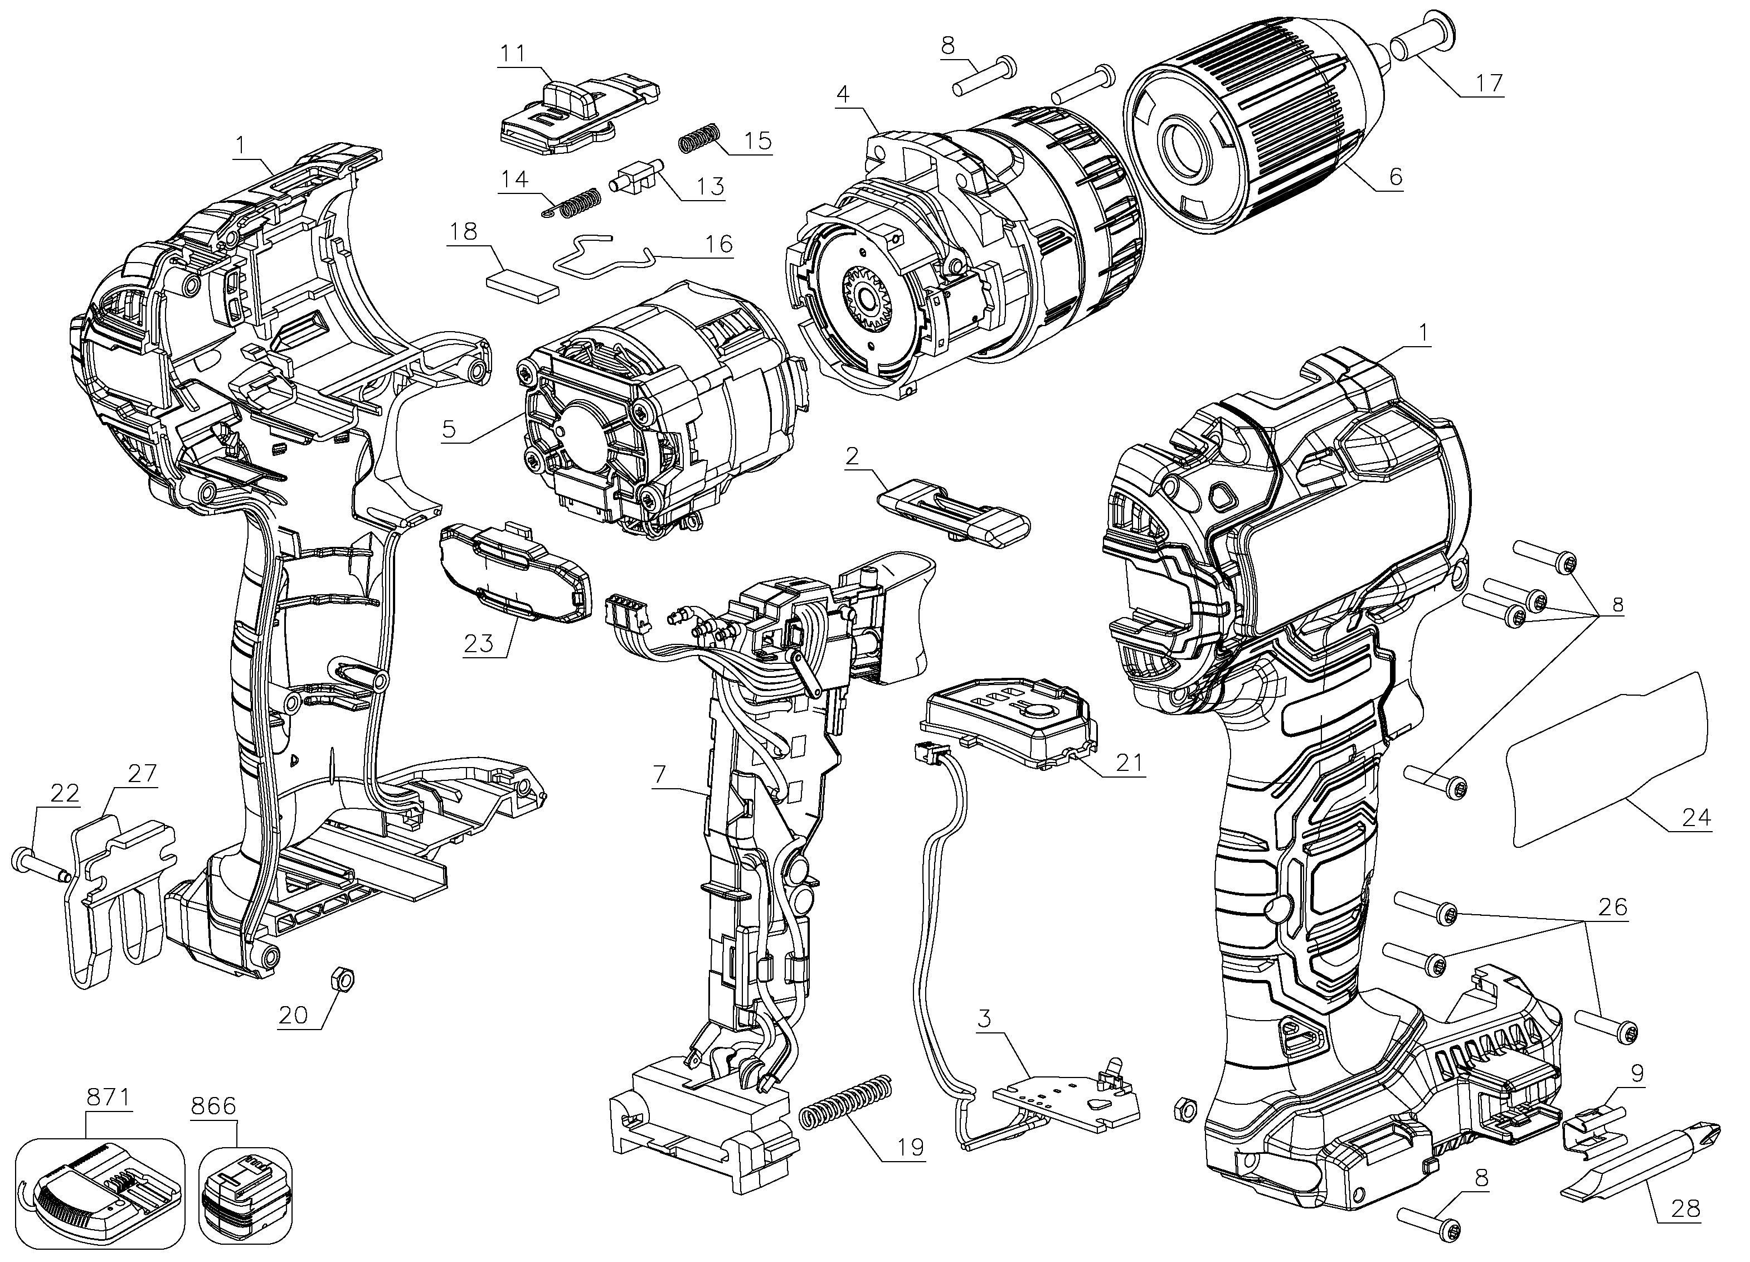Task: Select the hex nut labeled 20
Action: [342, 981]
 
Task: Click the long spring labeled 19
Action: [845, 1103]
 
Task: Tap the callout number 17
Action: [1489, 82]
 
